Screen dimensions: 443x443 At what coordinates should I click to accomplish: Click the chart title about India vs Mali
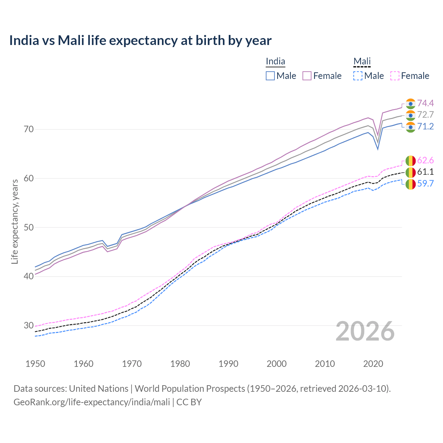(140, 40)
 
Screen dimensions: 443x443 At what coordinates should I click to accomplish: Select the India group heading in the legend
(275, 61)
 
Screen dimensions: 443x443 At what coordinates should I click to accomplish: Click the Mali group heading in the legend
(362, 61)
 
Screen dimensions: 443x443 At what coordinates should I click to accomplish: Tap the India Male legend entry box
(270, 76)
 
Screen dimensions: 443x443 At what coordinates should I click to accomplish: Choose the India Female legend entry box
(307, 76)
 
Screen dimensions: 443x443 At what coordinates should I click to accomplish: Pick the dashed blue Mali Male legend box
(358, 76)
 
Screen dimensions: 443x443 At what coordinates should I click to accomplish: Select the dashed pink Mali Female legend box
(395, 76)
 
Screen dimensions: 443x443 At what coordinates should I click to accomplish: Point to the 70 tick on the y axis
(29, 129)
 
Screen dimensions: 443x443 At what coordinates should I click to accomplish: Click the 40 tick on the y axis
(29, 276)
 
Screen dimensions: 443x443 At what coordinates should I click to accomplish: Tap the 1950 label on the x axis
(35, 364)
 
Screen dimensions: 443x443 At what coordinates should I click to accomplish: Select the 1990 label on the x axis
(228, 364)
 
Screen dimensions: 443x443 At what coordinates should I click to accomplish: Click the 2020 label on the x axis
(373, 364)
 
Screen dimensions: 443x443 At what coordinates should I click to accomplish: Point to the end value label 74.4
(425, 103)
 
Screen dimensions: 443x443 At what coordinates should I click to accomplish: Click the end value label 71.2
(425, 126)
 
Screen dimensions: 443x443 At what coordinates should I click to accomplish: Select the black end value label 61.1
(425, 172)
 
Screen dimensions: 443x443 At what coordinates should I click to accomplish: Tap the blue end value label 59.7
(425, 183)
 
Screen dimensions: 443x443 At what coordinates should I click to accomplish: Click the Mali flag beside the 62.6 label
(410, 161)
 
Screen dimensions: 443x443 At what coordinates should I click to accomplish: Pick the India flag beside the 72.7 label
(410, 115)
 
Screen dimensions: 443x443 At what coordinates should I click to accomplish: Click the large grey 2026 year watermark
(365, 331)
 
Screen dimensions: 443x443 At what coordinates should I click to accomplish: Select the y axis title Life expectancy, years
(15, 221)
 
